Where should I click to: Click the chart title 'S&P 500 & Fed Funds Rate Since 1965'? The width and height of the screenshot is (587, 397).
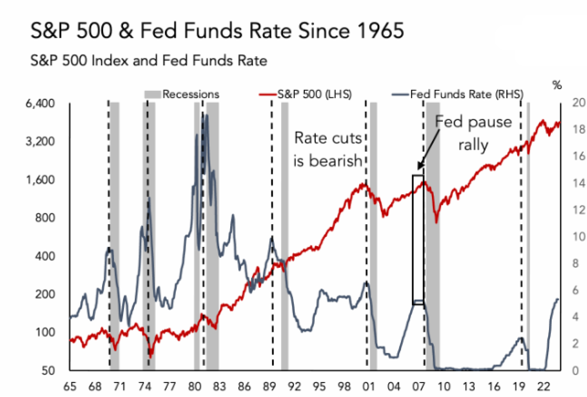[x=217, y=30]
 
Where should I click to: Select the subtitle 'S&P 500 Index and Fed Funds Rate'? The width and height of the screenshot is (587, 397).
[x=149, y=60]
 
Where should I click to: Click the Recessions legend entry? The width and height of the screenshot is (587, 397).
[x=182, y=94]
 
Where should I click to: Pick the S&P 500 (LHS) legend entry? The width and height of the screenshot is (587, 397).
[x=306, y=94]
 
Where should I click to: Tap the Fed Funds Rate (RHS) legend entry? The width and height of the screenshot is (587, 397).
[x=458, y=94]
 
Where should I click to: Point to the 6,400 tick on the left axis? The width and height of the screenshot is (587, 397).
[x=40, y=103]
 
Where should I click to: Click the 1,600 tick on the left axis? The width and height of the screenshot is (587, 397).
[x=40, y=180]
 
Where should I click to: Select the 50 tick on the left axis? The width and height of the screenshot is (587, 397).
[x=48, y=371]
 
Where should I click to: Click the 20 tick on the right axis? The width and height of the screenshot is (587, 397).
[x=579, y=103]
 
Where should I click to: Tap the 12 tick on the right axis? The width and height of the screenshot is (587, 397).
[x=579, y=210]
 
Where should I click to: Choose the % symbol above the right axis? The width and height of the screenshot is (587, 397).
[x=557, y=85]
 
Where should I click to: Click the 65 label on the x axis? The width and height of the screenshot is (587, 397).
[x=70, y=387]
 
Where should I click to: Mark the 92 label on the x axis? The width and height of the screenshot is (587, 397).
[x=294, y=387]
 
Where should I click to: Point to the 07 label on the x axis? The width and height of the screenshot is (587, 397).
[x=418, y=387]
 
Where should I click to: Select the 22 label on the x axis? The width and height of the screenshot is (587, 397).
[x=543, y=387]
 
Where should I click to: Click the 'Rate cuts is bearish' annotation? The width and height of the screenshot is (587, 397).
[x=328, y=149]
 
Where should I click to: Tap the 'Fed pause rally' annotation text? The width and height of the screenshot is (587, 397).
[x=473, y=133]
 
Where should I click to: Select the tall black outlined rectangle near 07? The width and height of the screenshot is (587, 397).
[x=418, y=240]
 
